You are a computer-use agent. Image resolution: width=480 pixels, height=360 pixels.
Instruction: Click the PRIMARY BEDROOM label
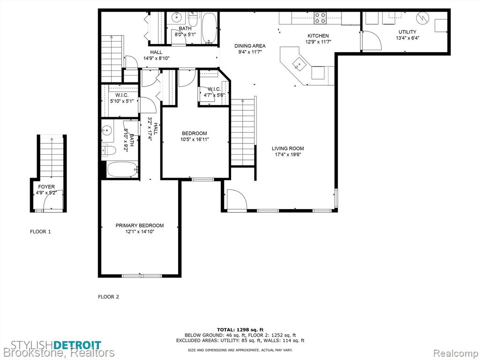(x=140, y=225)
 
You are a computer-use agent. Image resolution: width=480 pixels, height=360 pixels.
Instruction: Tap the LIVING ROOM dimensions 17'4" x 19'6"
(x=288, y=155)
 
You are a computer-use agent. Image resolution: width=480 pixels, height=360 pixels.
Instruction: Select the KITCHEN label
(x=318, y=36)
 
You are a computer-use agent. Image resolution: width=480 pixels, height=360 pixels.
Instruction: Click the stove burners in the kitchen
(x=320, y=18)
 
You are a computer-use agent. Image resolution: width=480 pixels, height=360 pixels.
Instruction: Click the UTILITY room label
(x=407, y=32)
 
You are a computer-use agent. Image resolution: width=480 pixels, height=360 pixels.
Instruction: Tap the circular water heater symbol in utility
(x=423, y=18)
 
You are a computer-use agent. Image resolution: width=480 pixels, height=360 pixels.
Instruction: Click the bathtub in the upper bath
(x=210, y=28)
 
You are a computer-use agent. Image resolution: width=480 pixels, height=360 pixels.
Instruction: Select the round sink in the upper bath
(x=177, y=17)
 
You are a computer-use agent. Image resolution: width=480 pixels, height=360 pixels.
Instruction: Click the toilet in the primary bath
(x=109, y=150)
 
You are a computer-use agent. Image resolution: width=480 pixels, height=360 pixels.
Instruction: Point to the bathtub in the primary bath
(x=122, y=169)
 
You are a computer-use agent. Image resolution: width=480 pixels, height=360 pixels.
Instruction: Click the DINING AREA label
(x=250, y=46)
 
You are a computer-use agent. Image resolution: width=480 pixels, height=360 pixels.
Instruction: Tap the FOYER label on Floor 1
(x=46, y=187)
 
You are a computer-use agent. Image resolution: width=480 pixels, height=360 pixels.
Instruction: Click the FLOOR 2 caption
(x=108, y=297)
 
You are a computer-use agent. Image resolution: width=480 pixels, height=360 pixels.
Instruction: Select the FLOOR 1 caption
(x=40, y=232)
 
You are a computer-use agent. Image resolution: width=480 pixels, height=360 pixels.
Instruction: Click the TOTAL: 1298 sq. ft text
(x=240, y=330)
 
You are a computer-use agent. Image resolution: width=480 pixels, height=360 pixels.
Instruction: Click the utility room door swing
(x=371, y=40)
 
